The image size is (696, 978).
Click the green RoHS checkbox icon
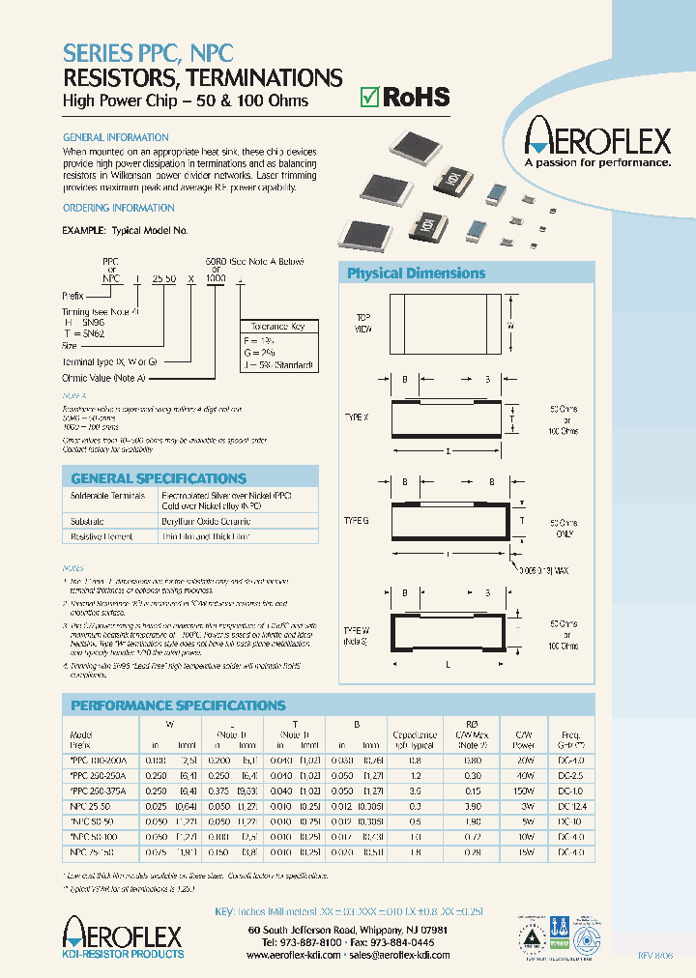(x=368, y=97)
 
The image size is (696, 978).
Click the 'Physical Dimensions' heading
(x=416, y=273)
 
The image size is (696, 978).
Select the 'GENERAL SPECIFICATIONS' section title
(x=159, y=478)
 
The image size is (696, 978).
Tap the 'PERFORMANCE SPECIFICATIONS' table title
(x=178, y=705)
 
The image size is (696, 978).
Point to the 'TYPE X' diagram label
(x=357, y=417)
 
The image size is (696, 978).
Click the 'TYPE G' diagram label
(x=357, y=520)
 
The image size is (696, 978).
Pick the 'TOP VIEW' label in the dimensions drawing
(x=363, y=323)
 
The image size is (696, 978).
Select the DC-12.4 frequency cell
(x=572, y=805)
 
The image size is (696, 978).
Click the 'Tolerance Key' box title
(x=276, y=327)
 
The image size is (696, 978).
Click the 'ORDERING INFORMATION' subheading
(x=118, y=208)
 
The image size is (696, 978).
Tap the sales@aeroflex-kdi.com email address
(x=399, y=954)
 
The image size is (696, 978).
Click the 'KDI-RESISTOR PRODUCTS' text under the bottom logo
(x=123, y=954)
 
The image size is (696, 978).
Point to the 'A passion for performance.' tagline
(x=596, y=163)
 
